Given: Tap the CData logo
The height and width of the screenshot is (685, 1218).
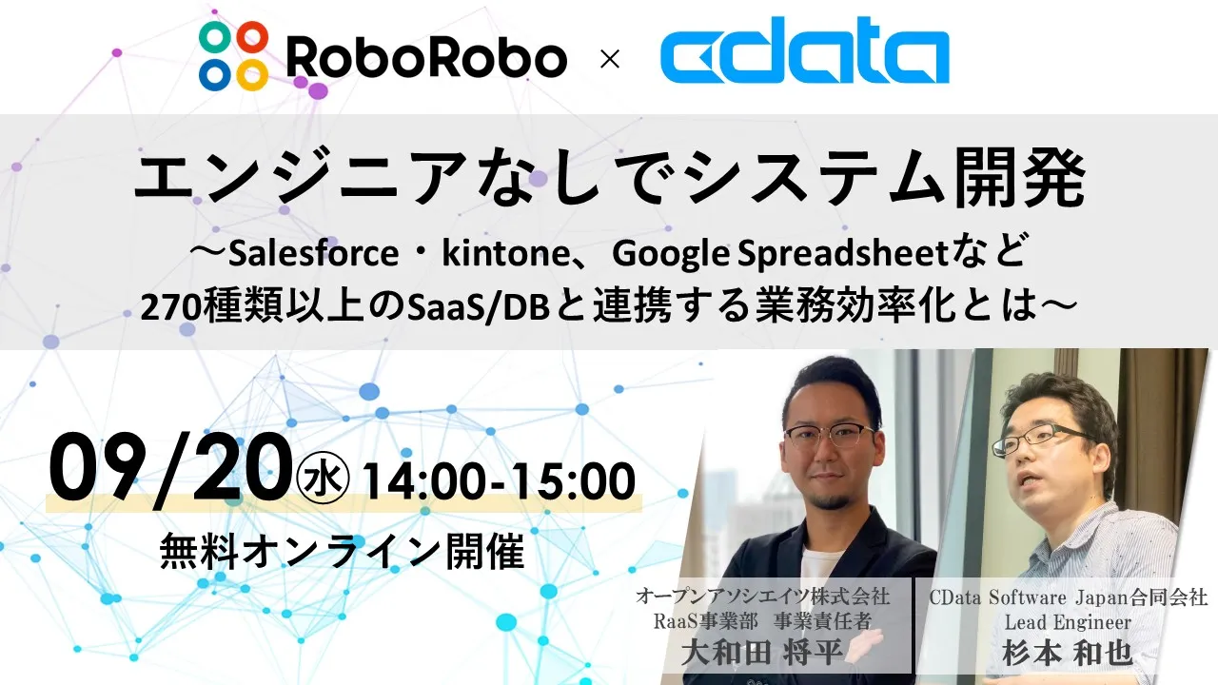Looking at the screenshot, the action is pos(804,50).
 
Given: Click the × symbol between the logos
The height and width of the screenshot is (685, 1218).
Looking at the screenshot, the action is pos(610,59).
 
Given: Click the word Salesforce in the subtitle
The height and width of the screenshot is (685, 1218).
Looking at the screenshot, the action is pos(313,254).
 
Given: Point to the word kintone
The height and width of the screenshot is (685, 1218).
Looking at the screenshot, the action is pos(505,254).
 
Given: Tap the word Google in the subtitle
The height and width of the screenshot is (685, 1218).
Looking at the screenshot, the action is pos(671,255).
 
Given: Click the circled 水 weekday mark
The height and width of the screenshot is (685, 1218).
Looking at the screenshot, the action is pos(323,479).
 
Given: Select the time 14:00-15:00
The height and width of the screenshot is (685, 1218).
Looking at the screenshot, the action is pos(499,480).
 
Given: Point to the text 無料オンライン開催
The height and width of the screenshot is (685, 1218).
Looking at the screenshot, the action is pos(342,551).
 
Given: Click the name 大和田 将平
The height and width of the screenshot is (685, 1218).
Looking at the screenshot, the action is pos(762,653).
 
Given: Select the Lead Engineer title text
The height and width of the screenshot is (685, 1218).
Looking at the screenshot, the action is pos(1068,622).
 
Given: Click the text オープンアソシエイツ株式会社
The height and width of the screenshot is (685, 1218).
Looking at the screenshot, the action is pos(762,597).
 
